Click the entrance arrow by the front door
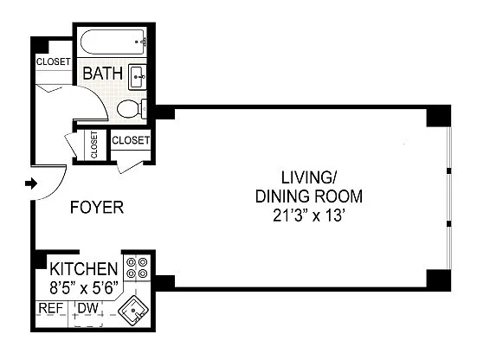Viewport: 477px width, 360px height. click(x=31, y=183)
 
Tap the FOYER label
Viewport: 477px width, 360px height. click(x=97, y=208)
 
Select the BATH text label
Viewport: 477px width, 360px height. click(x=103, y=74)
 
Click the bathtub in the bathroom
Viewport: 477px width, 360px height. click(x=113, y=42)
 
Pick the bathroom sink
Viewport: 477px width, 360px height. click(x=138, y=77)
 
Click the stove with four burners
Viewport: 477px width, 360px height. click(x=137, y=268)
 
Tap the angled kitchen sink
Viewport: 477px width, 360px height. click(x=133, y=311)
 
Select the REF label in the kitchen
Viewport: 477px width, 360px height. click(x=51, y=308)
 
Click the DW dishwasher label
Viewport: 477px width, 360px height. click(x=88, y=308)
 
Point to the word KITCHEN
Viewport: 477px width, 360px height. click(x=84, y=269)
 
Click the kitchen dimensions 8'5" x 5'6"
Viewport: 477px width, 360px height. click(x=84, y=287)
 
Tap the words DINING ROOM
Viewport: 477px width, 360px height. click(x=309, y=196)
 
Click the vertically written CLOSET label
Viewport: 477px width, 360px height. click(x=94, y=145)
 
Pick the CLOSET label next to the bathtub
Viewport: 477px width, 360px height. click(x=54, y=61)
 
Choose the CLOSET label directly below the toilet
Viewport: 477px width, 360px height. click(x=131, y=140)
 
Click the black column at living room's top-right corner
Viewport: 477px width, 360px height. click(x=438, y=116)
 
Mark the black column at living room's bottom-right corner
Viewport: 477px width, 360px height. click(x=438, y=280)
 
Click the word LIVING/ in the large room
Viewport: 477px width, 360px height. click(x=308, y=178)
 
